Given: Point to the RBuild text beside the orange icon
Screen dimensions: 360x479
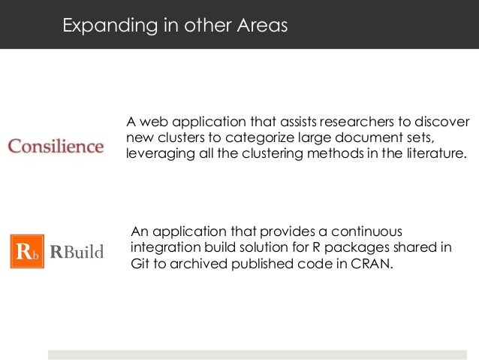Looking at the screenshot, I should tap(77, 251).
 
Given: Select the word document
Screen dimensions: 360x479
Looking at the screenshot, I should tap(365, 138).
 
